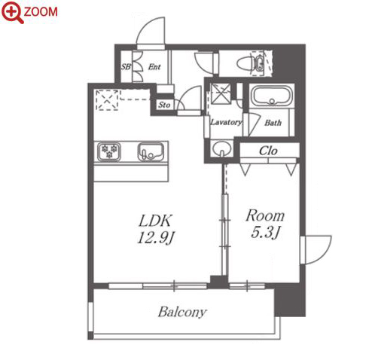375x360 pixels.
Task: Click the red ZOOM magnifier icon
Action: (x=11, y=11)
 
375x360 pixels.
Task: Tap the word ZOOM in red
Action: (x=41, y=12)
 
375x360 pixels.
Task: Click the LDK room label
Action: (x=155, y=221)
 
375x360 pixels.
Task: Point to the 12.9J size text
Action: (x=156, y=237)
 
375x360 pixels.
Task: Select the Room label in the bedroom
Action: (x=265, y=216)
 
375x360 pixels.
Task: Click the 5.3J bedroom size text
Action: (x=265, y=233)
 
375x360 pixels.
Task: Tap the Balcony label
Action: (x=182, y=312)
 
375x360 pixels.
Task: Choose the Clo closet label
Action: (x=268, y=151)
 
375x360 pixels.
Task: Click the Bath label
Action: (x=273, y=123)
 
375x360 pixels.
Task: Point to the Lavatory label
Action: (x=226, y=122)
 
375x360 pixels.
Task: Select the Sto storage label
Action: (x=164, y=105)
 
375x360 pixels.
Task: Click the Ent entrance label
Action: (x=154, y=67)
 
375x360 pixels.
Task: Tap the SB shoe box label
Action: (x=126, y=67)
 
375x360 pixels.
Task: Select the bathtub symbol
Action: (x=272, y=96)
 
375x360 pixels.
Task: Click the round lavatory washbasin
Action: (x=221, y=149)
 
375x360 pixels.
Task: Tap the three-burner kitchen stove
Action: (x=109, y=151)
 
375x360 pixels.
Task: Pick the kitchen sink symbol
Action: (x=151, y=151)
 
